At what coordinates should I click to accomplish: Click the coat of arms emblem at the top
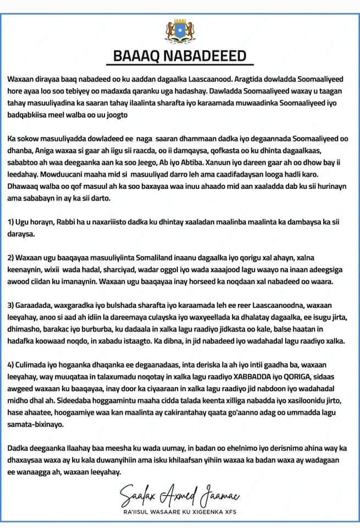click(180, 29)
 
